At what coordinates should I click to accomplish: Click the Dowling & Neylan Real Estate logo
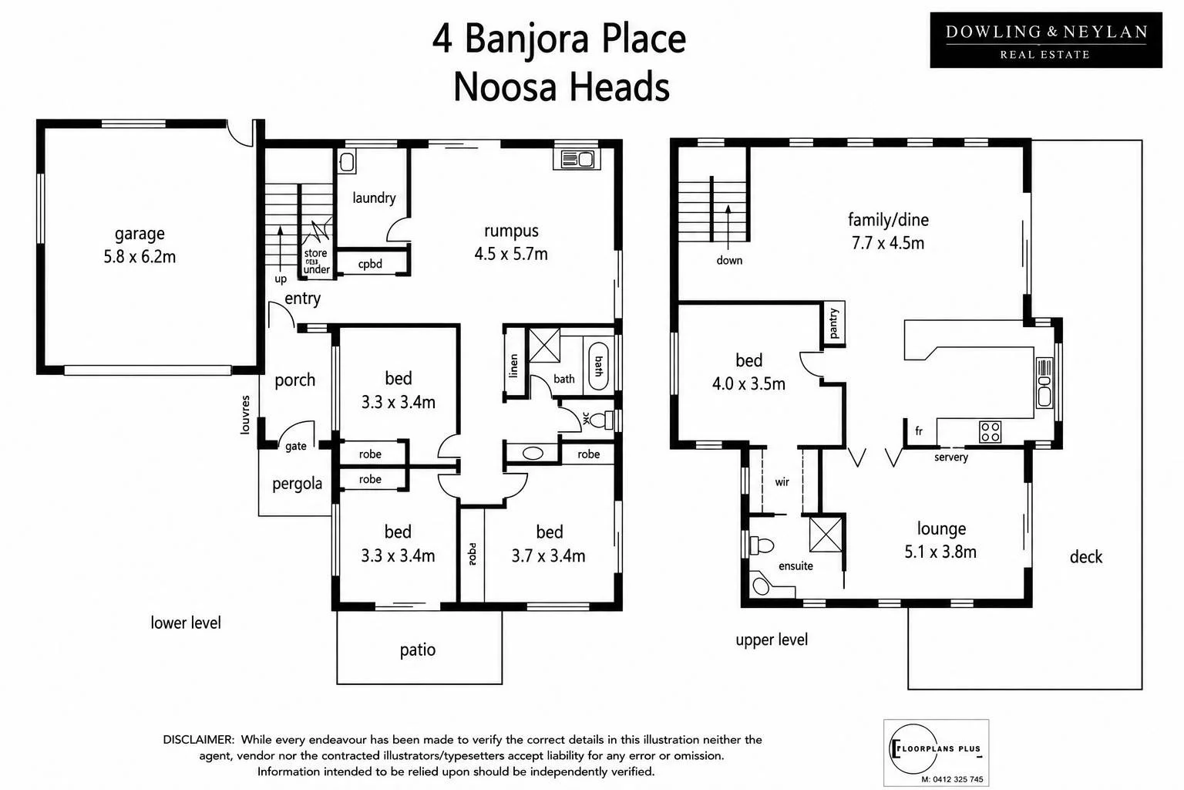[x=1045, y=40]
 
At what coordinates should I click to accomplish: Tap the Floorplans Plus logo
[x=936, y=752]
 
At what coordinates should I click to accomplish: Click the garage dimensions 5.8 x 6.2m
[x=140, y=257]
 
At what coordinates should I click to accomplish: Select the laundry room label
[x=374, y=198]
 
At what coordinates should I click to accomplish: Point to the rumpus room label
[x=511, y=231]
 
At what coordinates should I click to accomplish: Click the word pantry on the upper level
[x=834, y=322]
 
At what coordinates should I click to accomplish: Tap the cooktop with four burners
[x=990, y=431]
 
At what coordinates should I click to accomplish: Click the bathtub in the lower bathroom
[x=598, y=366]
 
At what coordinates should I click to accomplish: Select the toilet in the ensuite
[x=762, y=545]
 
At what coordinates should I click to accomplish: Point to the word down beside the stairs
[x=729, y=260]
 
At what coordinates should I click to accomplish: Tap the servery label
[x=951, y=457]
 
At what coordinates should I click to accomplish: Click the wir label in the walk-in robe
[x=782, y=481]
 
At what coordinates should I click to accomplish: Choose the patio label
[x=418, y=650]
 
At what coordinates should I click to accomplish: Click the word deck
[x=1085, y=557]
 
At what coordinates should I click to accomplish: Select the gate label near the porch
[x=295, y=446]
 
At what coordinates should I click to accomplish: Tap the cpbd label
[x=370, y=264]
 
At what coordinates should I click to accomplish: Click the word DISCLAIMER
[x=198, y=740]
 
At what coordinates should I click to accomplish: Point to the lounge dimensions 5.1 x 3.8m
[x=940, y=552]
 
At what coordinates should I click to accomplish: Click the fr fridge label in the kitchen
[x=919, y=431]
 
